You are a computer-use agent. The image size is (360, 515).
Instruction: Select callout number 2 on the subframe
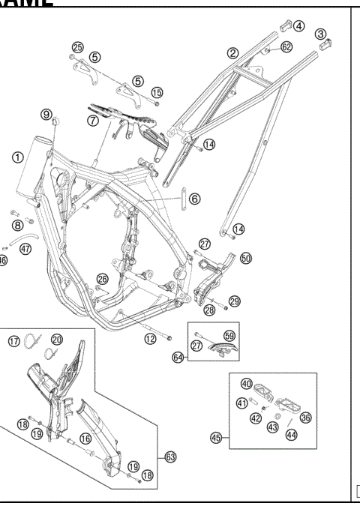tap(233, 52)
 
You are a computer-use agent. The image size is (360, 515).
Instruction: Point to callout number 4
tap(298, 25)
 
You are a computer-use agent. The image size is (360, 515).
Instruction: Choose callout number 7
tap(92, 119)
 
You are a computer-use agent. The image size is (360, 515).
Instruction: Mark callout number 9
tap(46, 115)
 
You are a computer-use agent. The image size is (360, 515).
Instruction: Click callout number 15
tap(156, 92)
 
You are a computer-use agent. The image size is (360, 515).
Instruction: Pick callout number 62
tap(286, 47)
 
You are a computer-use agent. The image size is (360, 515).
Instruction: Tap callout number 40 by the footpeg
tap(246, 384)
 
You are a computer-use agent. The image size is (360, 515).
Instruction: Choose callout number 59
tap(229, 336)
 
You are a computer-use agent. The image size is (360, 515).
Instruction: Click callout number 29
tap(235, 301)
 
